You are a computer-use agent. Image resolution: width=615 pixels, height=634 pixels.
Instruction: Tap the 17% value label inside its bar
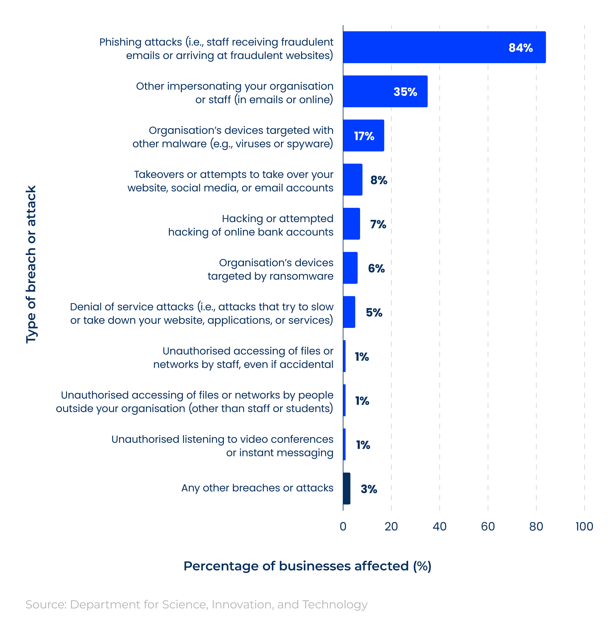(364, 136)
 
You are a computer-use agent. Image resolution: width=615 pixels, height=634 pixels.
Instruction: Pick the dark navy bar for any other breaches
(346, 488)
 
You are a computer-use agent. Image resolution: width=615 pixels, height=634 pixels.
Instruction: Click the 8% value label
(379, 180)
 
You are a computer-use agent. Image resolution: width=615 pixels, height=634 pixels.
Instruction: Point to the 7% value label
(378, 224)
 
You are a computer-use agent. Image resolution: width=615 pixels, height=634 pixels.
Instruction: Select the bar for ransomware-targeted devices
(350, 268)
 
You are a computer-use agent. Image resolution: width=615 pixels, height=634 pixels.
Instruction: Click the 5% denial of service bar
(349, 312)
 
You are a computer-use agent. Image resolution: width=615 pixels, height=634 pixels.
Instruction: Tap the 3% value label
(369, 489)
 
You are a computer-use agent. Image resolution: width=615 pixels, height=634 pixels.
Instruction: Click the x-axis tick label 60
(487, 526)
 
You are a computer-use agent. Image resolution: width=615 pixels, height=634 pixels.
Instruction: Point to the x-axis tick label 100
(584, 526)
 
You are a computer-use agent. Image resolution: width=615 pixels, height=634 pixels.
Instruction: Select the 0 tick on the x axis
(343, 526)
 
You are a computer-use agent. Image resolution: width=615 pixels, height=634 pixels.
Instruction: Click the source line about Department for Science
(196, 604)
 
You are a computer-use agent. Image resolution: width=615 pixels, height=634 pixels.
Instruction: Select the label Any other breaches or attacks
(257, 488)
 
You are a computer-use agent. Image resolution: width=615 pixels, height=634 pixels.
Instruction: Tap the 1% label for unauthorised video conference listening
(363, 445)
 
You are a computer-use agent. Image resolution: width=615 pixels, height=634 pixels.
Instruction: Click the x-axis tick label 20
(391, 526)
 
